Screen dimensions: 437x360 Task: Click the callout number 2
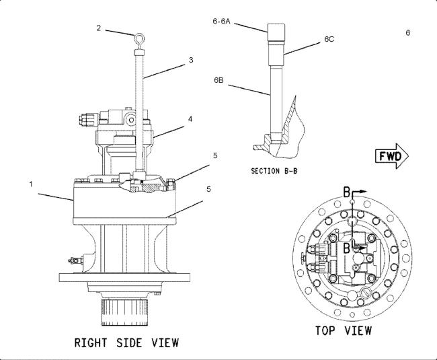99,28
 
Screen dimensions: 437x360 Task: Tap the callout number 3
191,60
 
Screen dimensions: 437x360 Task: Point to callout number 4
190,119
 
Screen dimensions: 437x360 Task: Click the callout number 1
31,184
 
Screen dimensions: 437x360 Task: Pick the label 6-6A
222,21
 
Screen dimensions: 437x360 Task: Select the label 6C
329,39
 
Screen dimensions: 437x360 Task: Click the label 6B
218,80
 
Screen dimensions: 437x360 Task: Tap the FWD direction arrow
392,156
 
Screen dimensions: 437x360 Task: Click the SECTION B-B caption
274,171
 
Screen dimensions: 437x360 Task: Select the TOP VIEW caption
344,330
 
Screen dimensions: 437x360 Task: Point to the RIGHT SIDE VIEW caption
126,343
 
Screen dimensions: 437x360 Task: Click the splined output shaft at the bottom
124,312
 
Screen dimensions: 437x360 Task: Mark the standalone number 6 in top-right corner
407,33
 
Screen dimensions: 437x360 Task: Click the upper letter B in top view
346,192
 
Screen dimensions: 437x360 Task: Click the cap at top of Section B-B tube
276,32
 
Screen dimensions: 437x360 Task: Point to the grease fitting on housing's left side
75,260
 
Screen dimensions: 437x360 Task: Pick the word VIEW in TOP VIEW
358,330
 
